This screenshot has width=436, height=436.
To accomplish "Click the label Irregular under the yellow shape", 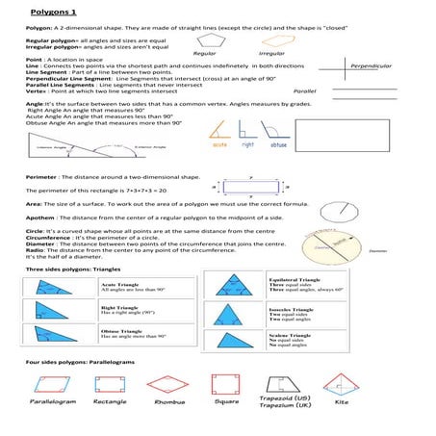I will coord(272,56).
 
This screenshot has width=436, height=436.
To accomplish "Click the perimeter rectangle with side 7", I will coord(252,189).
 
